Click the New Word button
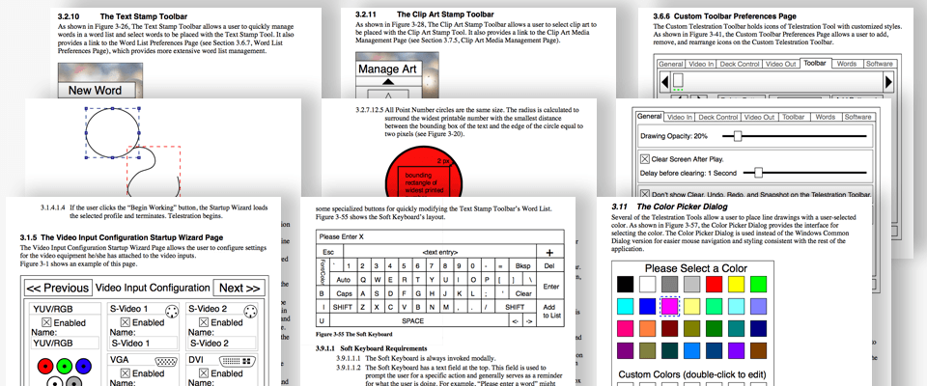[94, 90]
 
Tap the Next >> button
[239, 288]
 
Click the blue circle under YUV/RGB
[84, 366]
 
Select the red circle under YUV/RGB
[43, 366]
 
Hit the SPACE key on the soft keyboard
[412, 320]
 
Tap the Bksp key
[522, 265]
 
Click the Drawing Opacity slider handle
[738, 137]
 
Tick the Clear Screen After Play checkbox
[645, 158]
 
